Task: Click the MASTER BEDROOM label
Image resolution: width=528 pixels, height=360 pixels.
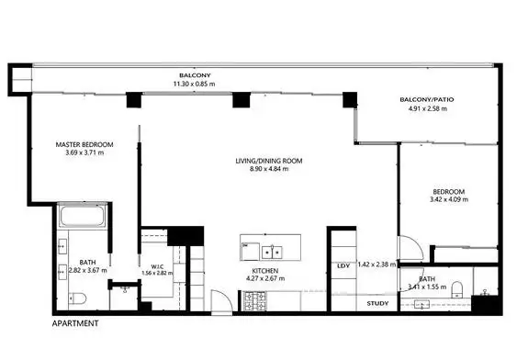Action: (84, 144)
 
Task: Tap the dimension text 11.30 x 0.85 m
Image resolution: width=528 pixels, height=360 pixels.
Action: (194, 84)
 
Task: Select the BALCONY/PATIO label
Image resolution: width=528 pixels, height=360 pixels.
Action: (426, 99)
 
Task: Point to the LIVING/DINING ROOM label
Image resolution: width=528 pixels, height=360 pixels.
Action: (269, 161)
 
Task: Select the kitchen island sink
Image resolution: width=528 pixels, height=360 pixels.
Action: (272, 250)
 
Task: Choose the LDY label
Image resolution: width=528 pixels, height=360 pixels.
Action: (344, 265)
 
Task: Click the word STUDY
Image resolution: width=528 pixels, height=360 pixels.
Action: (376, 302)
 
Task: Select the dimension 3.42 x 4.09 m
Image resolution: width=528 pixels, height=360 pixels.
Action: (448, 202)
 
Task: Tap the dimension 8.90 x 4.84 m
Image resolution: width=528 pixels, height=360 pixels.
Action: (269, 170)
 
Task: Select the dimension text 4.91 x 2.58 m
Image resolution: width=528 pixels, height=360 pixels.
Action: (426, 109)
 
